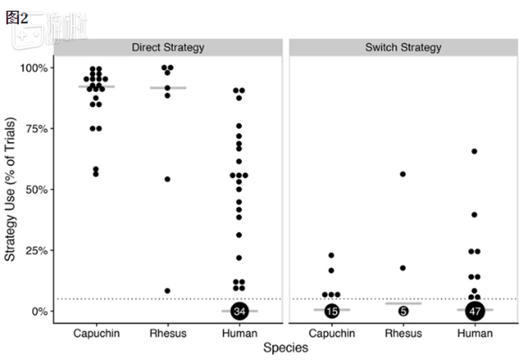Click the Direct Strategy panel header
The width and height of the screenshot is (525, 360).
(x=168, y=48)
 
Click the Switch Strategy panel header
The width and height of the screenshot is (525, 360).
(x=403, y=48)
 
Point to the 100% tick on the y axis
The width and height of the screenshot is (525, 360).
(x=33, y=68)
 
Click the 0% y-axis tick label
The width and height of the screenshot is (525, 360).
(x=38, y=311)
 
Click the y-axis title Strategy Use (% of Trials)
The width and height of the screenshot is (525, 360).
(x=11, y=189)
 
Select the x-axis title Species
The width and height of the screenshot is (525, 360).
(x=284, y=347)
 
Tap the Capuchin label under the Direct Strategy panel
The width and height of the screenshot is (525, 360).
(x=97, y=333)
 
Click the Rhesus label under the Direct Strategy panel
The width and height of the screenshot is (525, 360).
(x=168, y=333)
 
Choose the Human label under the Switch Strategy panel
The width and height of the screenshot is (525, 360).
(x=475, y=333)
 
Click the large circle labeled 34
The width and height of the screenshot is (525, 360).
(x=240, y=311)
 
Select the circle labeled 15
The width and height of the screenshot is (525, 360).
(x=332, y=311)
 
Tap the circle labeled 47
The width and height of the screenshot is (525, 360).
(x=475, y=311)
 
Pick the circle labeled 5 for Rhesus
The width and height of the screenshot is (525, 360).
(x=403, y=311)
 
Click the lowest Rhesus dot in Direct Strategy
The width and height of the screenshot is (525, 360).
(x=167, y=291)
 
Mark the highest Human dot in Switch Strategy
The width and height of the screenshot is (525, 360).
(x=475, y=151)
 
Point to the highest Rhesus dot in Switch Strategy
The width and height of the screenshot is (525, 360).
(x=403, y=174)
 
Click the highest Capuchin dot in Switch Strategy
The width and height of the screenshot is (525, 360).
(x=331, y=256)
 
